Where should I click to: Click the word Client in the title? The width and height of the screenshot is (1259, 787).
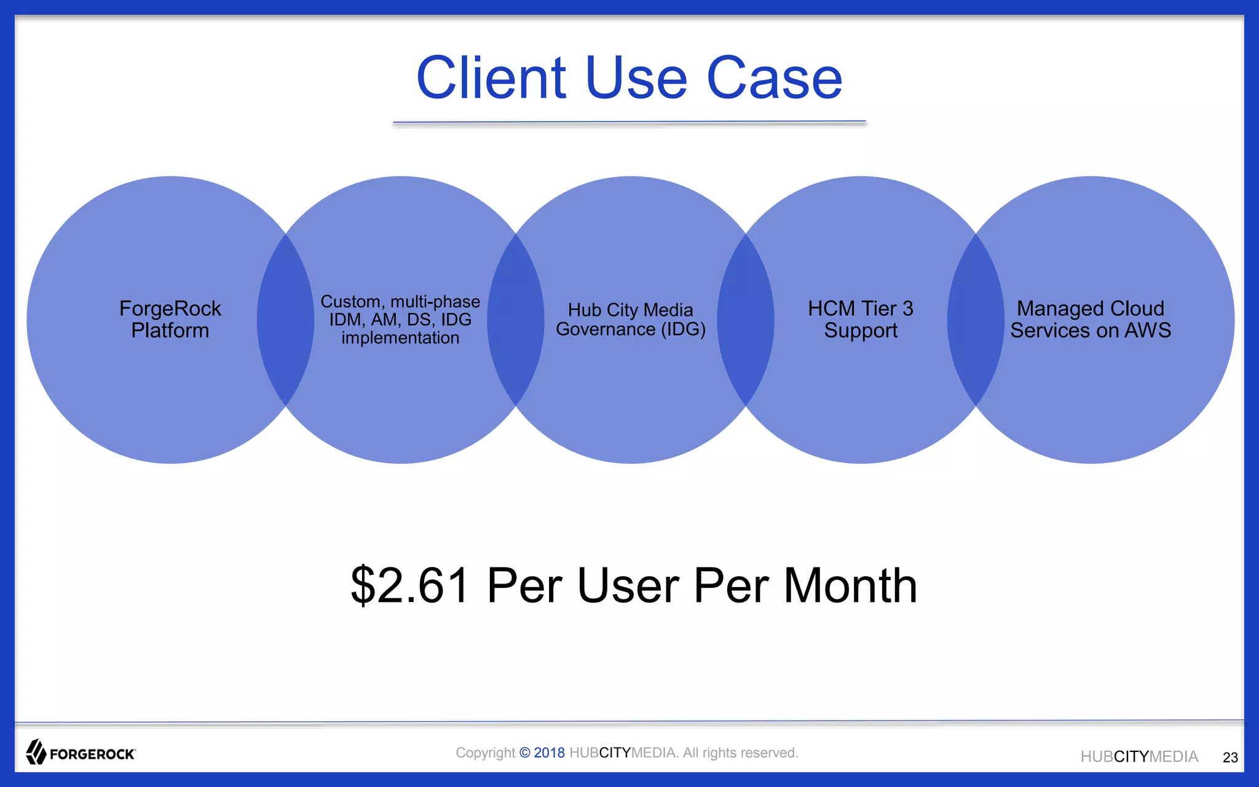[x=491, y=78]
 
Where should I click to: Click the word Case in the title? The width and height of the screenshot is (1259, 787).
[x=775, y=78]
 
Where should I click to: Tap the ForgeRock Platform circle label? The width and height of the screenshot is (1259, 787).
[x=170, y=319]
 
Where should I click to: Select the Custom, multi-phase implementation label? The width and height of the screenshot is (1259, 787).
[x=400, y=319]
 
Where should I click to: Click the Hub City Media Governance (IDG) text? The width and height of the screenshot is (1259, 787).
[x=630, y=319]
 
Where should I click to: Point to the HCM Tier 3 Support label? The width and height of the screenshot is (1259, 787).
[x=860, y=319]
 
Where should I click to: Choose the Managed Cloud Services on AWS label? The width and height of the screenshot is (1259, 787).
[x=1091, y=319]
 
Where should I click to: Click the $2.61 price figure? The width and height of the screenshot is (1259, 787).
[x=411, y=585]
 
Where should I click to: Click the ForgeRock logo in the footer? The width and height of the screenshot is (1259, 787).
[x=81, y=753]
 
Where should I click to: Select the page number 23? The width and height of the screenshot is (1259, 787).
[x=1230, y=757]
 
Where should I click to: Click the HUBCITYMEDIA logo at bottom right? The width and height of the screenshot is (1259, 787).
[x=1139, y=757]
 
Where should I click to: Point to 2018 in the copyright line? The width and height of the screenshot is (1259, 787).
[x=549, y=753]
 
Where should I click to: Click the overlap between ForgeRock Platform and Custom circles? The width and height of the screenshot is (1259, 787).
[x=285, y=320]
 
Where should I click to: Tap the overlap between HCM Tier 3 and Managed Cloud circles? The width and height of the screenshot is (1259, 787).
[x=976, y=320]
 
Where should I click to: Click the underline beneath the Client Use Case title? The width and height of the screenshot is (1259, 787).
[x=629, y=122]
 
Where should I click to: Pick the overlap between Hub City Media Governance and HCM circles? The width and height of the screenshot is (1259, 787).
[x=745, y=320]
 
